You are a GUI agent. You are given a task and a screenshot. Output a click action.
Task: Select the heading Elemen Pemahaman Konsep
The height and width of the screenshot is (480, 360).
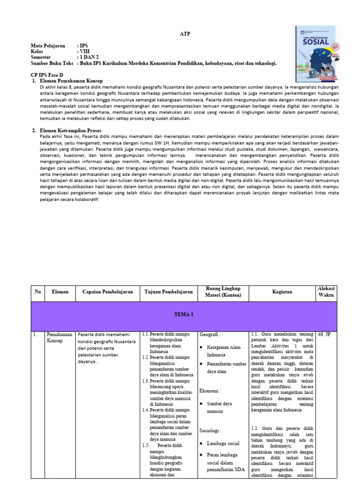[70, 81]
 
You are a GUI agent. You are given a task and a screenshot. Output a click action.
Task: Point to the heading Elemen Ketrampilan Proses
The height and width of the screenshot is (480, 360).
[71, 130]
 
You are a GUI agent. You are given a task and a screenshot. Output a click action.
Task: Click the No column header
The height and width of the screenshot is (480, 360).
[37, 292]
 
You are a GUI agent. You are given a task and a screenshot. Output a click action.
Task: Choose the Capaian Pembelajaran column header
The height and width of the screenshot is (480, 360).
[107, 292]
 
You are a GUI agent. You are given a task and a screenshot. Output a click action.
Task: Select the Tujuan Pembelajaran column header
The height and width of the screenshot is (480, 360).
[169, 292]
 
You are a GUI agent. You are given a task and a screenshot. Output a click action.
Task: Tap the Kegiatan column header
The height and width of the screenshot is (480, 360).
[283, 292]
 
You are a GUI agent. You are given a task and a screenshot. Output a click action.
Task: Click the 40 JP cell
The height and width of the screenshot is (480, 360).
[324, 335]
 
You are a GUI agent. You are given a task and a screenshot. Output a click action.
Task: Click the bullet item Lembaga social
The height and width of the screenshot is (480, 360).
[223, 443]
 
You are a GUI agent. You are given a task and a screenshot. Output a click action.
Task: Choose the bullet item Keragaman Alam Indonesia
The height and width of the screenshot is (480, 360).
[223, 351]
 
